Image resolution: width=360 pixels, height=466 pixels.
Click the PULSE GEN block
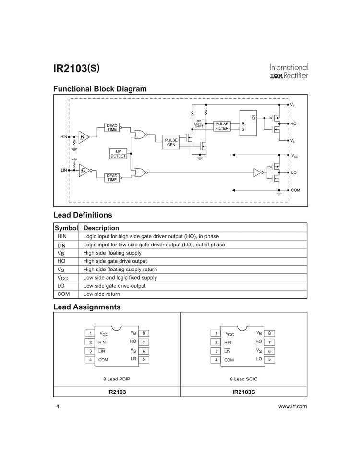(x=171, y=142)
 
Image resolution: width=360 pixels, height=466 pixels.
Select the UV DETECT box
(x=118, y=154)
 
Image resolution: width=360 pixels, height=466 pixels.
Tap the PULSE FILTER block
(x=222, y=126)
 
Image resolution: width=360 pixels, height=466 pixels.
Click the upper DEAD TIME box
(x=112, y=127)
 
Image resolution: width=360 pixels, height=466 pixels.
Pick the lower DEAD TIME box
(x=112, y=178)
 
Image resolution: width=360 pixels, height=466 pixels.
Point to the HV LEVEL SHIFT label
(x=198, y=123)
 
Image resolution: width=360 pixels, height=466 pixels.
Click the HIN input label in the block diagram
(x=64, y=137)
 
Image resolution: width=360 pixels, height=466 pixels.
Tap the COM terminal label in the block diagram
(x=295, y=190)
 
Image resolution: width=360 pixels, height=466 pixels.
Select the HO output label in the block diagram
(x=293, y=124)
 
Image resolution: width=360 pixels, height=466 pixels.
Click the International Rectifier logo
(x=288, y=72)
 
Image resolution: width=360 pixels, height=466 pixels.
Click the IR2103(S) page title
(x=77, y=68)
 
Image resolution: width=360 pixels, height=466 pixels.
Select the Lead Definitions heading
(x=83, y=215)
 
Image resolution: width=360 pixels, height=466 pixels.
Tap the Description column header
(x=101, y=228)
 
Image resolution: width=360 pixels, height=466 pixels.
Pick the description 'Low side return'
(x=102, y=294)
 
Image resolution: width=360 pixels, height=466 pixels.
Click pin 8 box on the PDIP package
(x=144, y=333)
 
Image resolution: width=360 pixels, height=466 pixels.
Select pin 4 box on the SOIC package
(x=216, y=360)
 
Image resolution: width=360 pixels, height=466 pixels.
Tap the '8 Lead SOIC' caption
(x=244, y=379)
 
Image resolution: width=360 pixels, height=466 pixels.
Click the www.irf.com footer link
(x=292, y=406)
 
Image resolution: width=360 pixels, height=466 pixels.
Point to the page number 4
(x=58, y=406)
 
